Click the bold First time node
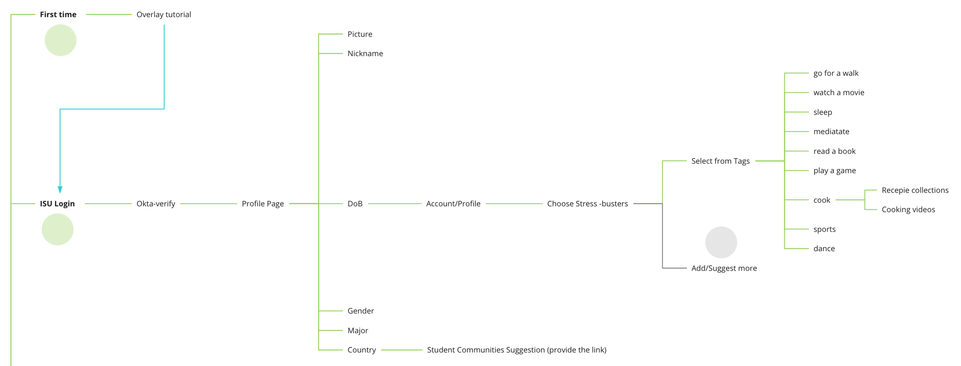click(58, 15)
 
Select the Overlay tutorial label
click(163, 15)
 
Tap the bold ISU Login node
click(57, 204)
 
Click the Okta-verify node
click(156, 204)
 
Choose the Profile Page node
click(263, 204)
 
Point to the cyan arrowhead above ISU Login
click(60, 190)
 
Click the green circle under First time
click(60, 40)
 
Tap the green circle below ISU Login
click(58, 230)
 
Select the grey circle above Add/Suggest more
click(721, 242)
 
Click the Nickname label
click(365, 53)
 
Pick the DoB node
click(355, 204)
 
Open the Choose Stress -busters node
click(587, 204)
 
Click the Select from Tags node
click(720, 161)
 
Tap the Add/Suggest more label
click(724, 268)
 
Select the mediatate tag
click(831, 131)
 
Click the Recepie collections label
click(914, 190)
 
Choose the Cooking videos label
click(908, 209)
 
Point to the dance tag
click(824, 248)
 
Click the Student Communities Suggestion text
click(516, 350)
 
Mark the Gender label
click(360, 311)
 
